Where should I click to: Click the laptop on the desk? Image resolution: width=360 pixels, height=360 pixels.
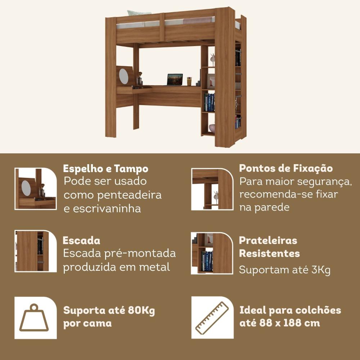pos(175,80)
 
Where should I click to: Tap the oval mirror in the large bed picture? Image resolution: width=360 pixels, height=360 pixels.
pos(123,76)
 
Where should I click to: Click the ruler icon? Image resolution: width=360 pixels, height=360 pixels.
pos(212,318)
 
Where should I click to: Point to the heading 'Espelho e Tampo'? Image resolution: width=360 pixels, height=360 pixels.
pos(105,169)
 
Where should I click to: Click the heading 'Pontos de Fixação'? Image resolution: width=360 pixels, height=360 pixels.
pos(286,168)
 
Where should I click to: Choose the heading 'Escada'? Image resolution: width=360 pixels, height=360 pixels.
pos(81,240)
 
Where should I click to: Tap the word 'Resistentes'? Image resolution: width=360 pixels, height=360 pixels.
pos(269,253)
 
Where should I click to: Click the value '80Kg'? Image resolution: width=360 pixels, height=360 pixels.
pos(141,311)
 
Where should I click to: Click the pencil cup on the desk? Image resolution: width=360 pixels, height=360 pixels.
pos(189,81)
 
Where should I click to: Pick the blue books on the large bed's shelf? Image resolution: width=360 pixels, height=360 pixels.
pos(210,102)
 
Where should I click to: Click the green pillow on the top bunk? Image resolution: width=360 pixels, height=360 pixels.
pos(139,13)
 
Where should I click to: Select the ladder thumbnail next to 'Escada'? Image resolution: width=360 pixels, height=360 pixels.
pos(36,251)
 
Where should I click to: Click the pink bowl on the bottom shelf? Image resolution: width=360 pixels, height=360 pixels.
pos(212,129)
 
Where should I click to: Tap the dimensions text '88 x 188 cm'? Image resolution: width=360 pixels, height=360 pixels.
pos(289,323)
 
